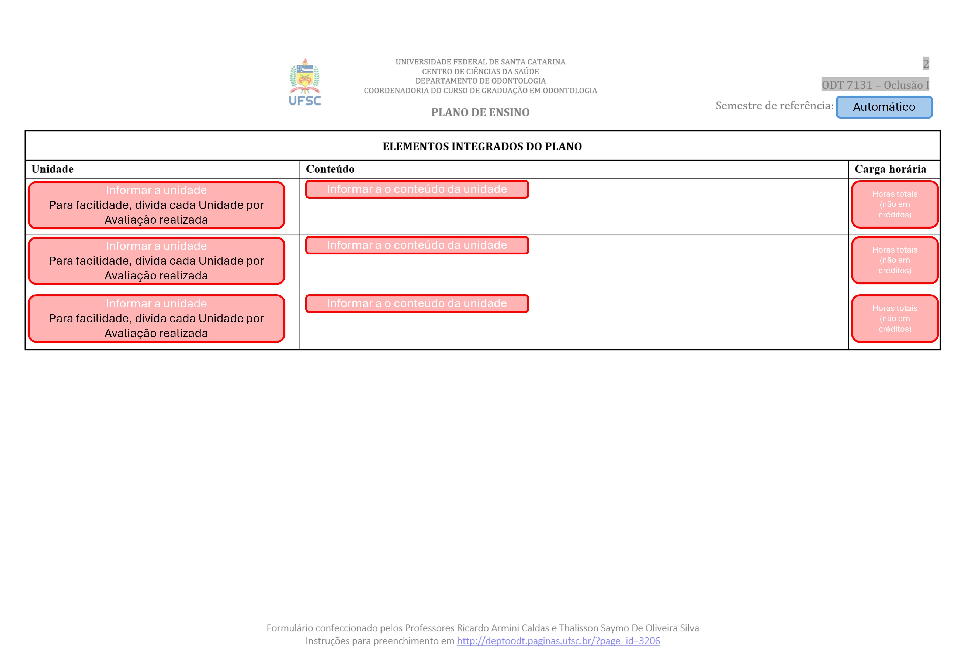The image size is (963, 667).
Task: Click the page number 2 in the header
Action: pos(926,64)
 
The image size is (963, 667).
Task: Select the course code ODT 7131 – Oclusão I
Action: pos(875,85)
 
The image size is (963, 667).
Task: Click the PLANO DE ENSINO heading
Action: pos(480,112)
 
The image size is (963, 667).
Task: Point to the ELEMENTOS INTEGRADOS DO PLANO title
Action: pos(482,146)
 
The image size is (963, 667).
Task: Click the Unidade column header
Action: pos(52,169)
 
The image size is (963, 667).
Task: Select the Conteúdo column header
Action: pos(330,169)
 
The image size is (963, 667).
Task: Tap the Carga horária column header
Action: pos(890,169)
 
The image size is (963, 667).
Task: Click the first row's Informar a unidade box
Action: pos(156,205)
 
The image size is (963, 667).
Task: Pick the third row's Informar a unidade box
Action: pos(156,319)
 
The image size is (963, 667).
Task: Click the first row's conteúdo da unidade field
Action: pos(417,189)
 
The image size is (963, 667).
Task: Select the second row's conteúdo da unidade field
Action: pos(417,245)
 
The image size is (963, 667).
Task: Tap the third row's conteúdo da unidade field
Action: pos(417,303)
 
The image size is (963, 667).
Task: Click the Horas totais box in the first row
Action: pos(895,204)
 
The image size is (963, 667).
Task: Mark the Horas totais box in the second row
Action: pos(895,260)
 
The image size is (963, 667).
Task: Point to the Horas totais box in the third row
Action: pos(895,319)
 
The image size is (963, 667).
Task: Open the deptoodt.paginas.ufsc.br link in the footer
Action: pos(558,641)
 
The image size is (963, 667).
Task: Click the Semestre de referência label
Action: pos(774,106)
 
